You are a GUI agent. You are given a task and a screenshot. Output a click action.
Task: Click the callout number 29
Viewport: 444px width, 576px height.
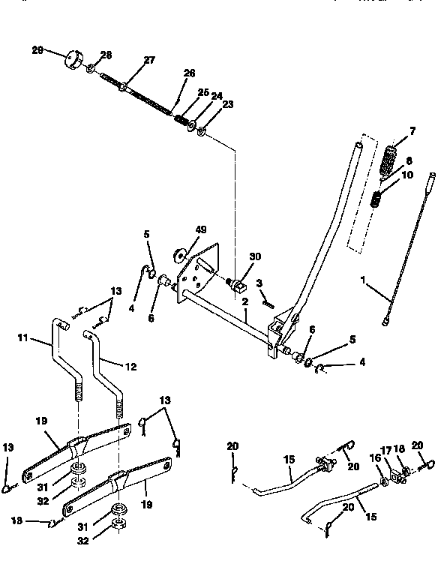[x=37, y=50]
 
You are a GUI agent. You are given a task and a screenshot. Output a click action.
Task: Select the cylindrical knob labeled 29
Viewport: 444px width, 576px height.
[x=73, y=58]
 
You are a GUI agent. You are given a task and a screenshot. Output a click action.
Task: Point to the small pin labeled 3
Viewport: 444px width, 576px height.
[x=267, y=301]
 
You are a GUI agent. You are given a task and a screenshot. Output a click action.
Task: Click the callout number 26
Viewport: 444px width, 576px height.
[x=189, y=73]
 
